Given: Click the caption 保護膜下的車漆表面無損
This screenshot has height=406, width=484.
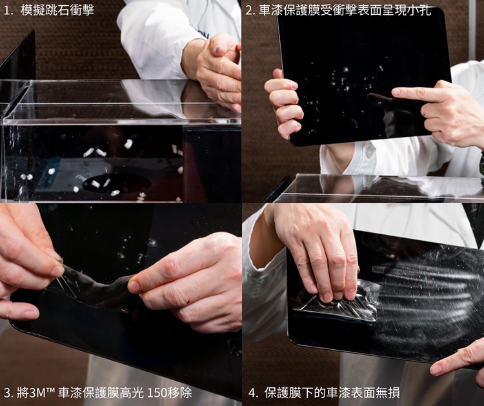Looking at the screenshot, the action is click(x=332, y=392).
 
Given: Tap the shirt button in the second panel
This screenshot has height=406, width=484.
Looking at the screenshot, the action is click(x=368, y=153).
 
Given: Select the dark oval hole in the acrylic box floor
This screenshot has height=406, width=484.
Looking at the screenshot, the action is click(x=117, y=185).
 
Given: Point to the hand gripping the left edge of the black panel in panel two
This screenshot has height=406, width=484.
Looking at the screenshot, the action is click(x=283, y=105).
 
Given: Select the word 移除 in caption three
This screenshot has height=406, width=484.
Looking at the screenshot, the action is click(x=179, y=392).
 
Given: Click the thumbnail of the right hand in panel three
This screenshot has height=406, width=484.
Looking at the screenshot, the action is click(x=133, y=286).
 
